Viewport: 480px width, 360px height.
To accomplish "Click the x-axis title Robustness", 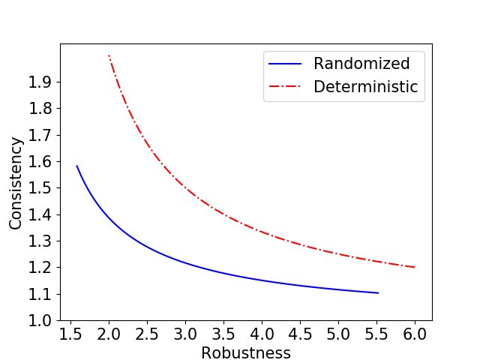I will [246, 353].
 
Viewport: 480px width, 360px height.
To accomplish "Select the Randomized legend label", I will [361, 63].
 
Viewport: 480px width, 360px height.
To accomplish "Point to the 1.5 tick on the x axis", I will [70, 321].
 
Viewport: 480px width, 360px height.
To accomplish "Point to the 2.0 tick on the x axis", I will [109, 321].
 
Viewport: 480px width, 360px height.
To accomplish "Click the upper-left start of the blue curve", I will [76, 166].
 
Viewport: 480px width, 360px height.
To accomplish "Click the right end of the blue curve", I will [378, 292].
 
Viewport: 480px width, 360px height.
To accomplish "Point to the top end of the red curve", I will [109, 55].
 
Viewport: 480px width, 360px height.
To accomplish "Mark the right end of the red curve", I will [415, 267].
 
